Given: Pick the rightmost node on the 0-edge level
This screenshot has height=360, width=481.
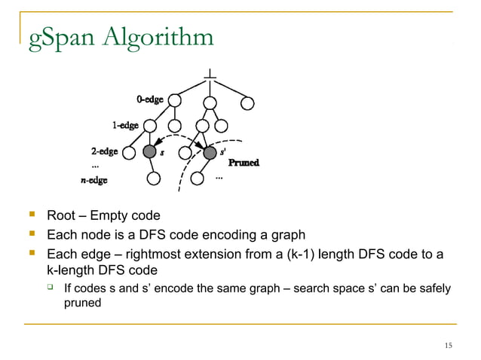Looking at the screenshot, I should pyautogui.click(x=247, y=101).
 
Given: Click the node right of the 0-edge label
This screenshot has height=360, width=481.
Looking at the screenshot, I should pyautogui.click(x=175, y=100).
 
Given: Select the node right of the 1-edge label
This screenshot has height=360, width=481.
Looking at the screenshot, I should pyautogui.click(x=150, y=126).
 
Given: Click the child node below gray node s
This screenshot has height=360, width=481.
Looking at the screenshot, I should pyautogui.click(x=154, y=179).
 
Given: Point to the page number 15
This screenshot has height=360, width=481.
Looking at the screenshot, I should pyautogui.click(x=449, y=345).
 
